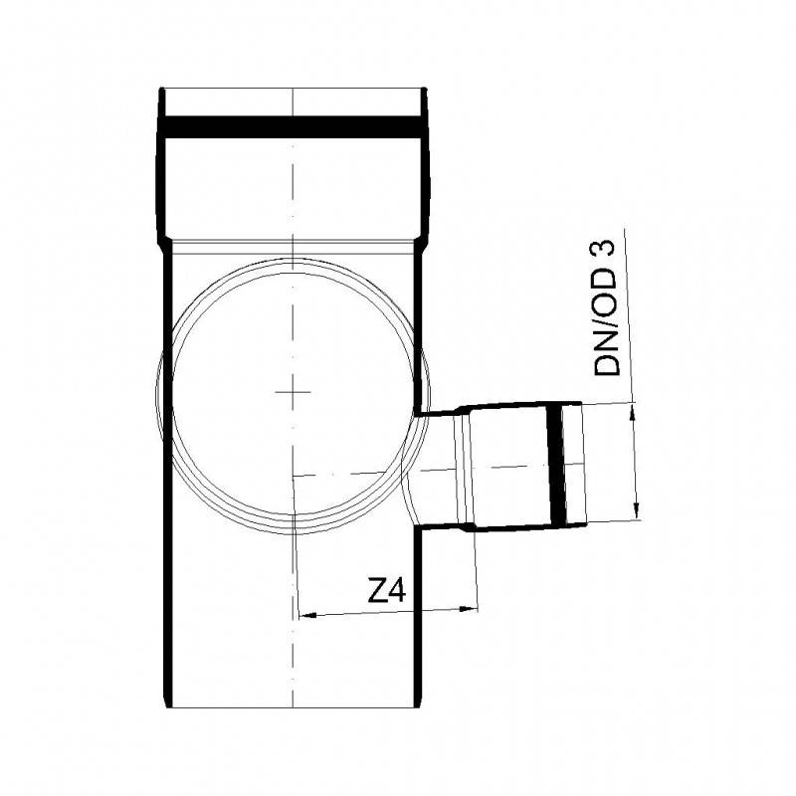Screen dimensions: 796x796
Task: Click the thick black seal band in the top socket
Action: pyautogui.click(x=294, y=126)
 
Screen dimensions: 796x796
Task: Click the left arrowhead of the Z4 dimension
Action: pyautogui.click(x=304, y=617)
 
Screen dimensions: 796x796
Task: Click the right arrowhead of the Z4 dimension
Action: pyautogui.click(x=472, y=609)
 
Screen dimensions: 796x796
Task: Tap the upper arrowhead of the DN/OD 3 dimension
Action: pyautogui.click(x=632, y=410)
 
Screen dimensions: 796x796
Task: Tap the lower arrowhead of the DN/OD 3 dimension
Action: pyautogui.click(x=637, y=511)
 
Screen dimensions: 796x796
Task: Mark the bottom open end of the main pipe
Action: pyautogui.click(x=294, y=706)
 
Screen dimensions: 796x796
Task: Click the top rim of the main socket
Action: pyautogui.click(x=294, y=90)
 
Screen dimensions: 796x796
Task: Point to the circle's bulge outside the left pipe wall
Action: pyautogui.click(x=159, y=398)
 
